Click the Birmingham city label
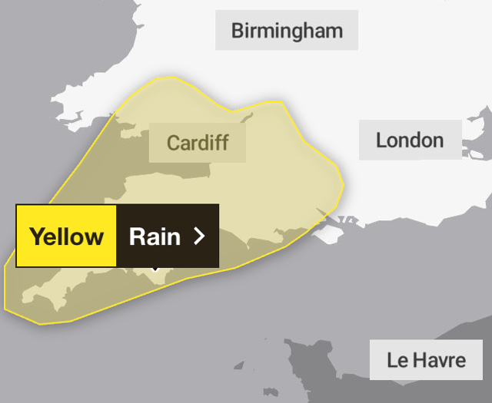tap(287, 31)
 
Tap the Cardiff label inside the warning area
tap(198, 143)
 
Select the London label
tap(410, 140)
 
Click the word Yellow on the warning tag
tap(66, 236)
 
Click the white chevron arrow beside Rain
tap(200, 236)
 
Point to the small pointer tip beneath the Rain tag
tap(155, 270)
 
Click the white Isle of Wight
tap(327, 233)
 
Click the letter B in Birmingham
tap(238, 31)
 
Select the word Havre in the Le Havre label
tap(441, 359)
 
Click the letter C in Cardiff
tap(173, 143)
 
